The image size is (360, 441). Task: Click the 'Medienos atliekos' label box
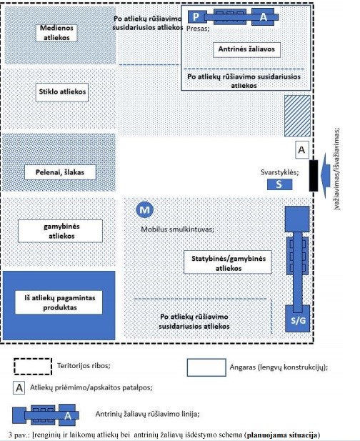tap(56, 33)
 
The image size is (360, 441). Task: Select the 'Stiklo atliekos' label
tap(62, 92)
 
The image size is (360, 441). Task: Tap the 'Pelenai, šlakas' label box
tap(60, 172)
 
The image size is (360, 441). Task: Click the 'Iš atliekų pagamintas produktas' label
tap(59, 302)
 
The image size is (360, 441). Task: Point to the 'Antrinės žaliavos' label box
tap(246, 49)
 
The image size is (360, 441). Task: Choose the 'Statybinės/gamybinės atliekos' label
tap(228, 262)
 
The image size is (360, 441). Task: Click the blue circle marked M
tap(145, 209)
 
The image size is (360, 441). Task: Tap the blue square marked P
tap(196, 17)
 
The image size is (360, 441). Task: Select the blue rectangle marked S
tap(279, 184)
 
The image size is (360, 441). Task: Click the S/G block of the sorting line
tap(298, 319)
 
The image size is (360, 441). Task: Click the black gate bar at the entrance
tap(314, 176)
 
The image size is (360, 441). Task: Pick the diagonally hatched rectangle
tap(298, 116)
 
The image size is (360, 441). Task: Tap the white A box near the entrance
tap(302, 149)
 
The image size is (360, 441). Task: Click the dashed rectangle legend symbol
tap(33, 367)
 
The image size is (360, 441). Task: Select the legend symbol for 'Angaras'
tap(206, 367)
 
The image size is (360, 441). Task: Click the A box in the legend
tap(19, 388)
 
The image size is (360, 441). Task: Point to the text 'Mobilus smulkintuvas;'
tap(177, 229)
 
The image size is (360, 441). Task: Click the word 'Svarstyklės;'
tap(279, 172)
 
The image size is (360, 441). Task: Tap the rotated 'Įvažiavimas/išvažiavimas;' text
tap(336, 169)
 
